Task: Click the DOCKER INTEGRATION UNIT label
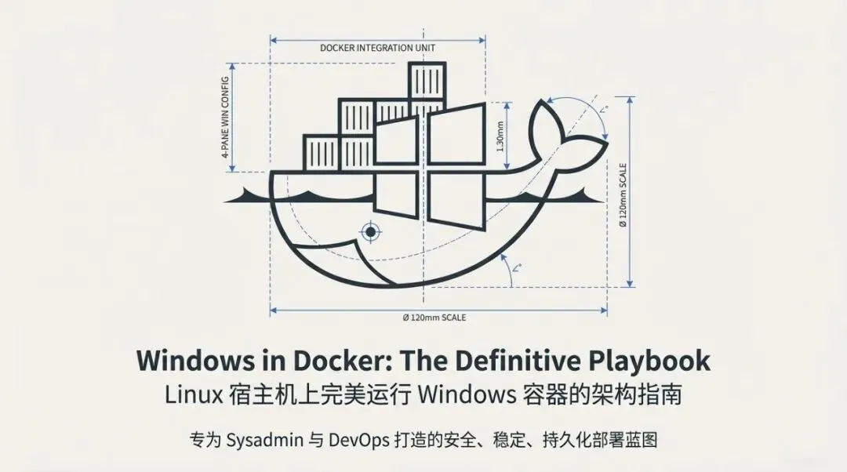(377, 48)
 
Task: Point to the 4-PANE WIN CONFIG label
(226, 118)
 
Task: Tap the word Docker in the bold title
(344, 361)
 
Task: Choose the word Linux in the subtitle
(191, 394)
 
